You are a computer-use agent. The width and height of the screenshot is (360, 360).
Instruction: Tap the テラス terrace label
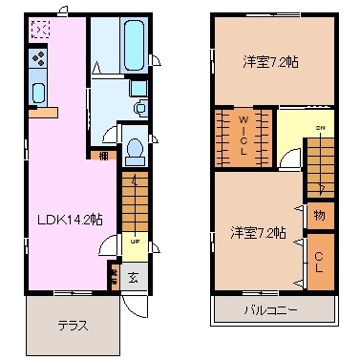pyautogui.click(x=72, y=325)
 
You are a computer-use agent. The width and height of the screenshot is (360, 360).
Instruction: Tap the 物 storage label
pyautogui.click(x=319, y=215)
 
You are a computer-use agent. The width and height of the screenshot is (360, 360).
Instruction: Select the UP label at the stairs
pyautogui.click(x=135, y=241)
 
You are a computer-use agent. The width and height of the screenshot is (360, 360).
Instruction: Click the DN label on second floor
pyautogui.click(x=321, y=129)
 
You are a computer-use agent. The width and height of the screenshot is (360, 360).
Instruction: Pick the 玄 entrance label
pyautogui.click(x=134, y=278)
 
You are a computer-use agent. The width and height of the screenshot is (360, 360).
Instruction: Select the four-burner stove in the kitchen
pyautogui.click(x=40, y=60)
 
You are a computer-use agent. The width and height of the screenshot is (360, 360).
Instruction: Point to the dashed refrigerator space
pyautogui.click(x=40, y=31)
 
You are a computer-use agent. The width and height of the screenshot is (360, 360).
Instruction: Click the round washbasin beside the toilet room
pyautogui.click(x=139, y=108)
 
